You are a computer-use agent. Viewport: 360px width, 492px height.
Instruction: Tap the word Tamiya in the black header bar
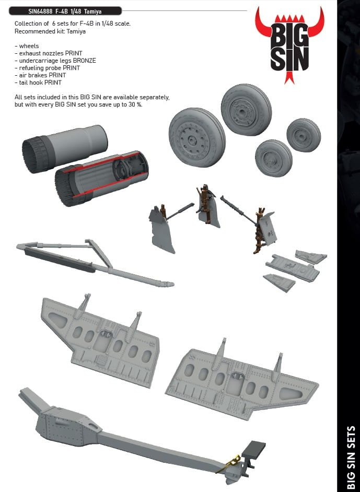point(92,11)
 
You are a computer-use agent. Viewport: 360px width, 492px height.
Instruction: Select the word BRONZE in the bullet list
point(85,61)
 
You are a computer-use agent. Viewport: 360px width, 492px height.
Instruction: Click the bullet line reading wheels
point(27,46)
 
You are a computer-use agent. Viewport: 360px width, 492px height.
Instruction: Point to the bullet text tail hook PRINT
point(38,83)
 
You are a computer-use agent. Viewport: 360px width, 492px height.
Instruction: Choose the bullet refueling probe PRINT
point(47,68)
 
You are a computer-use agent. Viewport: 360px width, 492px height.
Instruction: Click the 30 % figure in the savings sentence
point(135,104)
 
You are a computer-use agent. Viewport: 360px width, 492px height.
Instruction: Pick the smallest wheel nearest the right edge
point(304,135)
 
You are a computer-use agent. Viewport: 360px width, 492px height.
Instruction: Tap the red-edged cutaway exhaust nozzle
point(101,178)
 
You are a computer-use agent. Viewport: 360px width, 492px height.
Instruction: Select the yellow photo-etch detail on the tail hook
point(231,464)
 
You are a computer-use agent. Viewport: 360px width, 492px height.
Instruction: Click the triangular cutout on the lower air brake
point(291,394)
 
